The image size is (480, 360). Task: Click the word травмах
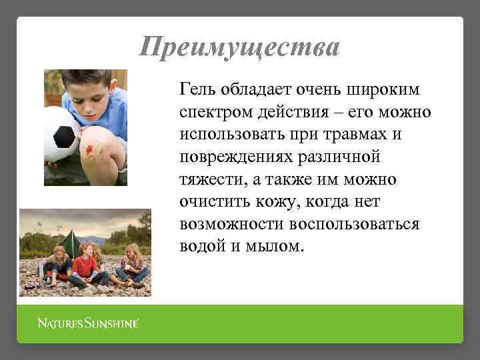355,133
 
